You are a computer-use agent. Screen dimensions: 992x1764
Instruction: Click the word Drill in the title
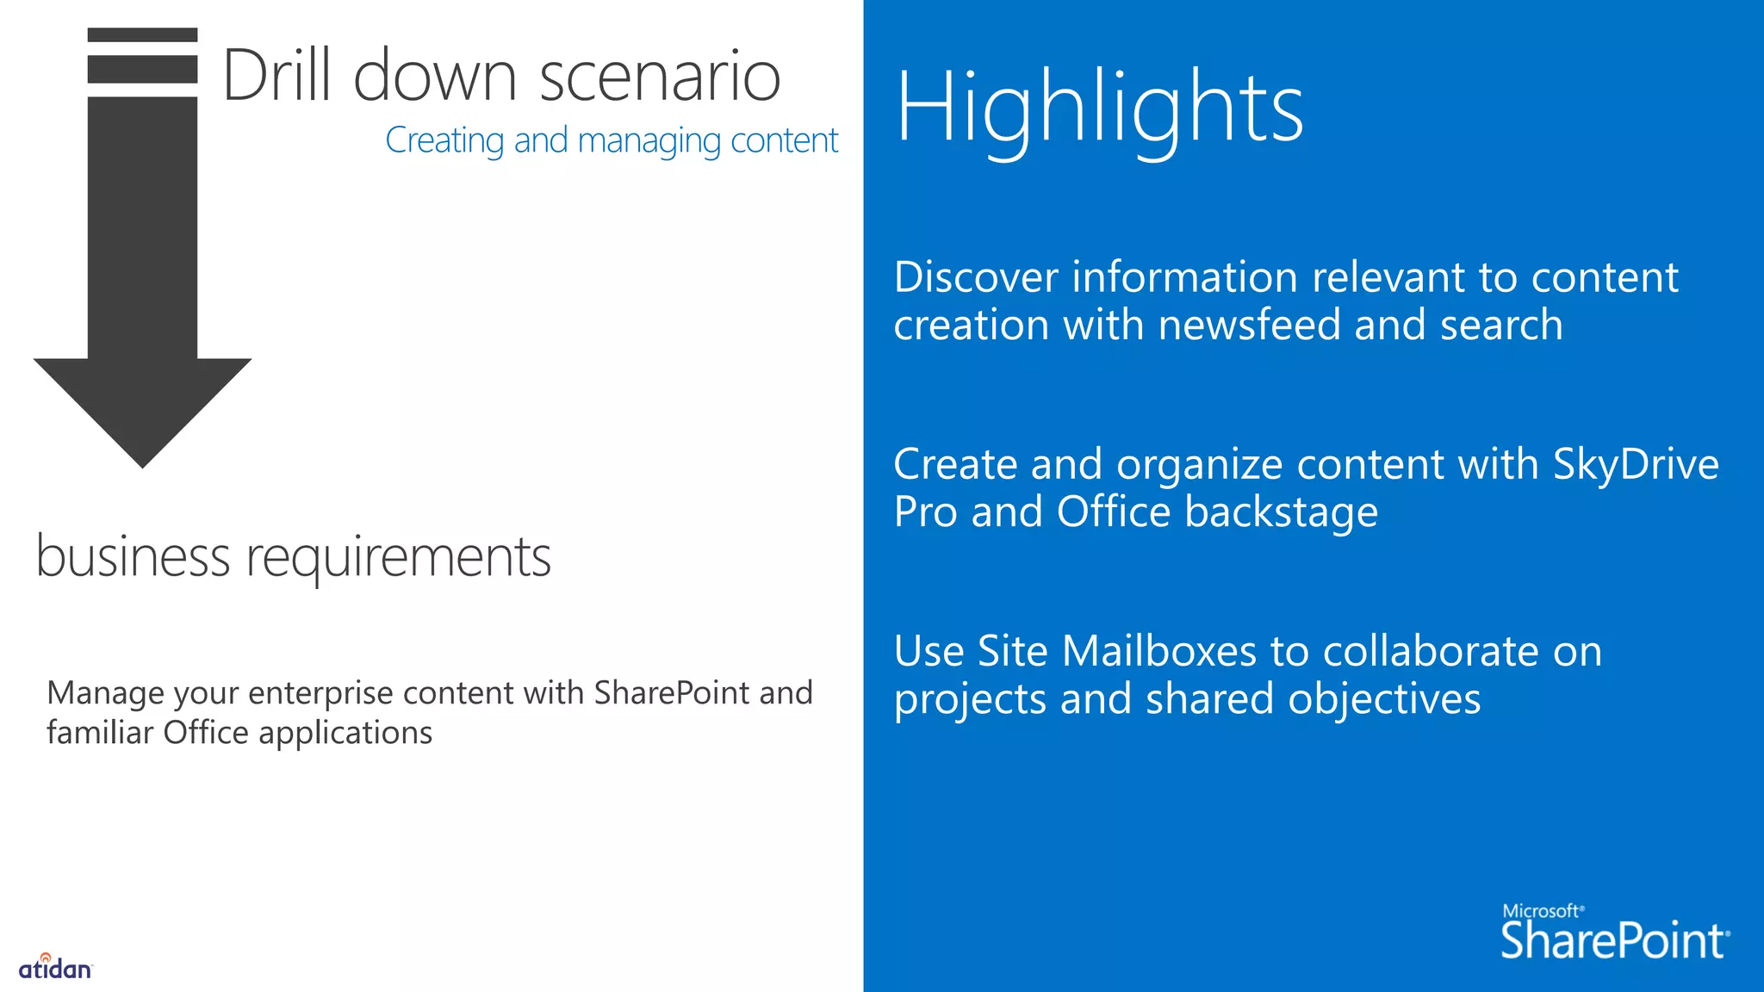point(276,76)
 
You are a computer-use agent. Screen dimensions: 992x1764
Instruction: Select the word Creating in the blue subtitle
point(444,140)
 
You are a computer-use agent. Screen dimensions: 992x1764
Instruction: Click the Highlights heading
point(1099,109)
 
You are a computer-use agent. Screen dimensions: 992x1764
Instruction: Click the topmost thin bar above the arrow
point(142,34)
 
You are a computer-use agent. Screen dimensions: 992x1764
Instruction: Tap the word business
point(133,556)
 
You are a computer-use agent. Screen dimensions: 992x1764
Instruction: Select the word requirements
point(399,558)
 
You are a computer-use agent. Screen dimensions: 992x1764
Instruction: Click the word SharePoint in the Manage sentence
point(672,693)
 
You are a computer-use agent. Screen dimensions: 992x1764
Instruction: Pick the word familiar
point(100,733)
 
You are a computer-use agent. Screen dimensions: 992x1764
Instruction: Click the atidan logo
point(55,968)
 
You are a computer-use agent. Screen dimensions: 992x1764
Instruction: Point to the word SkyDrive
point(1636,465)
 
